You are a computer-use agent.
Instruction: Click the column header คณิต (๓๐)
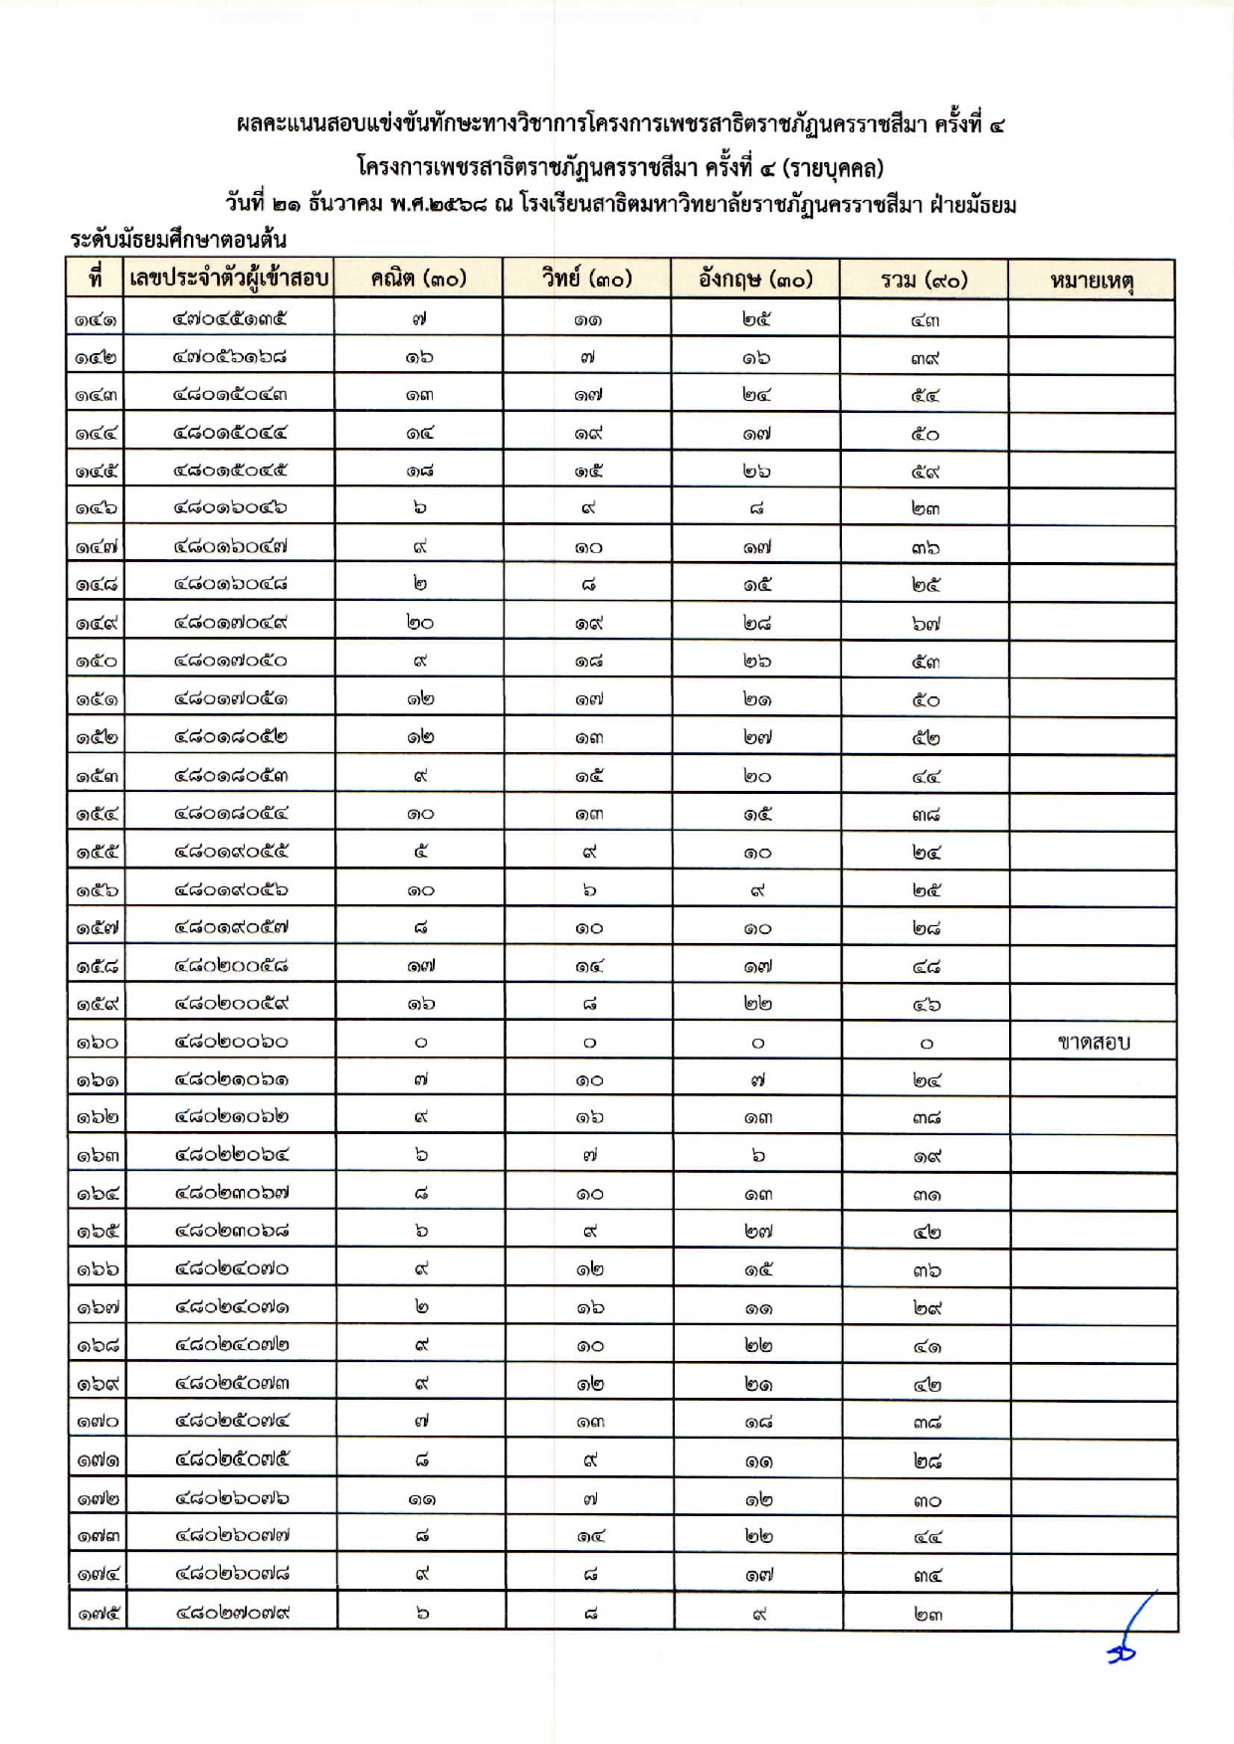click(x=418, y=280)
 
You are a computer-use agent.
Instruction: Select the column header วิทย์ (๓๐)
click(x=587, y=280)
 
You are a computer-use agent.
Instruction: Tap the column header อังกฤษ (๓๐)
click(x=755, y=280)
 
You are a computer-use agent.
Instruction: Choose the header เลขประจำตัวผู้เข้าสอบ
click(x=229, y=279)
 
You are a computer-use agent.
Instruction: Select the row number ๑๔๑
click(x=97, y=320)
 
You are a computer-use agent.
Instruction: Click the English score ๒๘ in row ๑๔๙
click(x=756, y=624)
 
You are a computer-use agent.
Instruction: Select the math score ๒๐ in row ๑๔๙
click(x=420, y=624)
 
